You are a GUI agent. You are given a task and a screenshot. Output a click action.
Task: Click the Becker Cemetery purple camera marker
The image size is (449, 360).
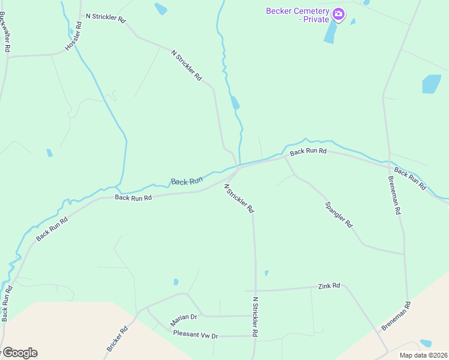click(x=339, y=14)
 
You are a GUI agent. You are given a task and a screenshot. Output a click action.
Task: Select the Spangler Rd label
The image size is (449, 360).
click(x=339, y=214)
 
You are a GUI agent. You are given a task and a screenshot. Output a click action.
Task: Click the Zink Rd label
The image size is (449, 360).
click(x=329, y=286)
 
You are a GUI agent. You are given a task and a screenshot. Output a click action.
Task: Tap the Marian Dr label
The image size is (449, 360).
click(x=183, y=317)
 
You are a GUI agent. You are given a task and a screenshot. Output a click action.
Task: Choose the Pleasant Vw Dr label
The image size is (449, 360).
click(x=195, y=334)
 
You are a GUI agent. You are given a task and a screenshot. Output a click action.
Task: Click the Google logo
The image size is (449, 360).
click(x=19, y=353)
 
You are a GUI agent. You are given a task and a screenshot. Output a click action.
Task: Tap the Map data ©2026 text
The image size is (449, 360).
click(x=424, y=355)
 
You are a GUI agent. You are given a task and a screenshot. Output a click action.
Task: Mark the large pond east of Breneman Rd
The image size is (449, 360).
click(x=432, y=84)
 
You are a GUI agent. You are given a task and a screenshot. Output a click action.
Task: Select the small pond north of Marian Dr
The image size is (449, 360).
click(x=176, y=282)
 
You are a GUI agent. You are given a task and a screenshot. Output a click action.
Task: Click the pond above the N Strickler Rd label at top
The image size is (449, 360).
click(x=161, y=8)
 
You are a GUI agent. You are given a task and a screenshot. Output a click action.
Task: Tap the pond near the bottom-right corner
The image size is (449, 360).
click(x=426, y=343)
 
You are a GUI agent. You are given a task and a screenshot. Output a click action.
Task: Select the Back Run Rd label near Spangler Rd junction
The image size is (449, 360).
click(x=308, y=152)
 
